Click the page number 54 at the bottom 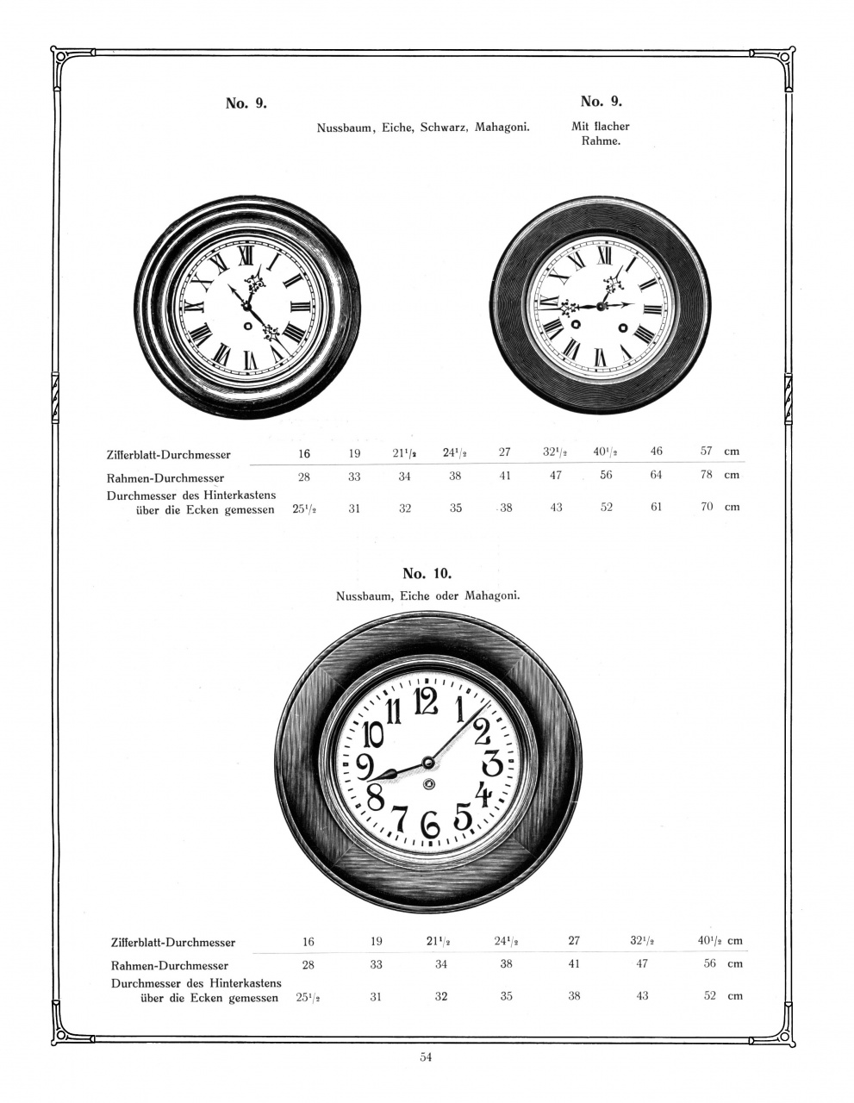(426, 1057)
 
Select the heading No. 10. (427, 573)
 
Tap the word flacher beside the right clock (601, 126)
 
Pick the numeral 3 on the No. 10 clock (492, 763)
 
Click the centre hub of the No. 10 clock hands (427, 762)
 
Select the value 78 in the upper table (707, 475)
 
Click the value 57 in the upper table (707, 451)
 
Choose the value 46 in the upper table (657, 451)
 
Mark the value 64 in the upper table (657, 475)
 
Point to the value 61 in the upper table (657, 507)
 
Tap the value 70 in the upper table (707, 507)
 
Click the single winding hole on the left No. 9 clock (248, 327)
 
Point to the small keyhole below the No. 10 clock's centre (428, 783)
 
